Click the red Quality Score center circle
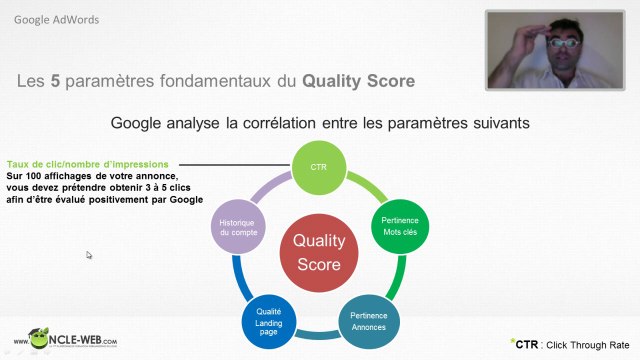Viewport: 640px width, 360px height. pos(317,253)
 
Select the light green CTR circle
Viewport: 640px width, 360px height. pos(317,164)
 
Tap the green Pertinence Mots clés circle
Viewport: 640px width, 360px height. pos(400,225)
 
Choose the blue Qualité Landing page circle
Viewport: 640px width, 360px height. pos(268,317)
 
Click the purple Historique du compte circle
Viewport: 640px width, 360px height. pos(236,226)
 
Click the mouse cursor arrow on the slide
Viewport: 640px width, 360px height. pos(89,255)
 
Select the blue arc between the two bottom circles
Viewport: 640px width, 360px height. pos(318,333)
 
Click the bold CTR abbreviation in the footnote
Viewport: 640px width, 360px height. pos(527,344)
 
